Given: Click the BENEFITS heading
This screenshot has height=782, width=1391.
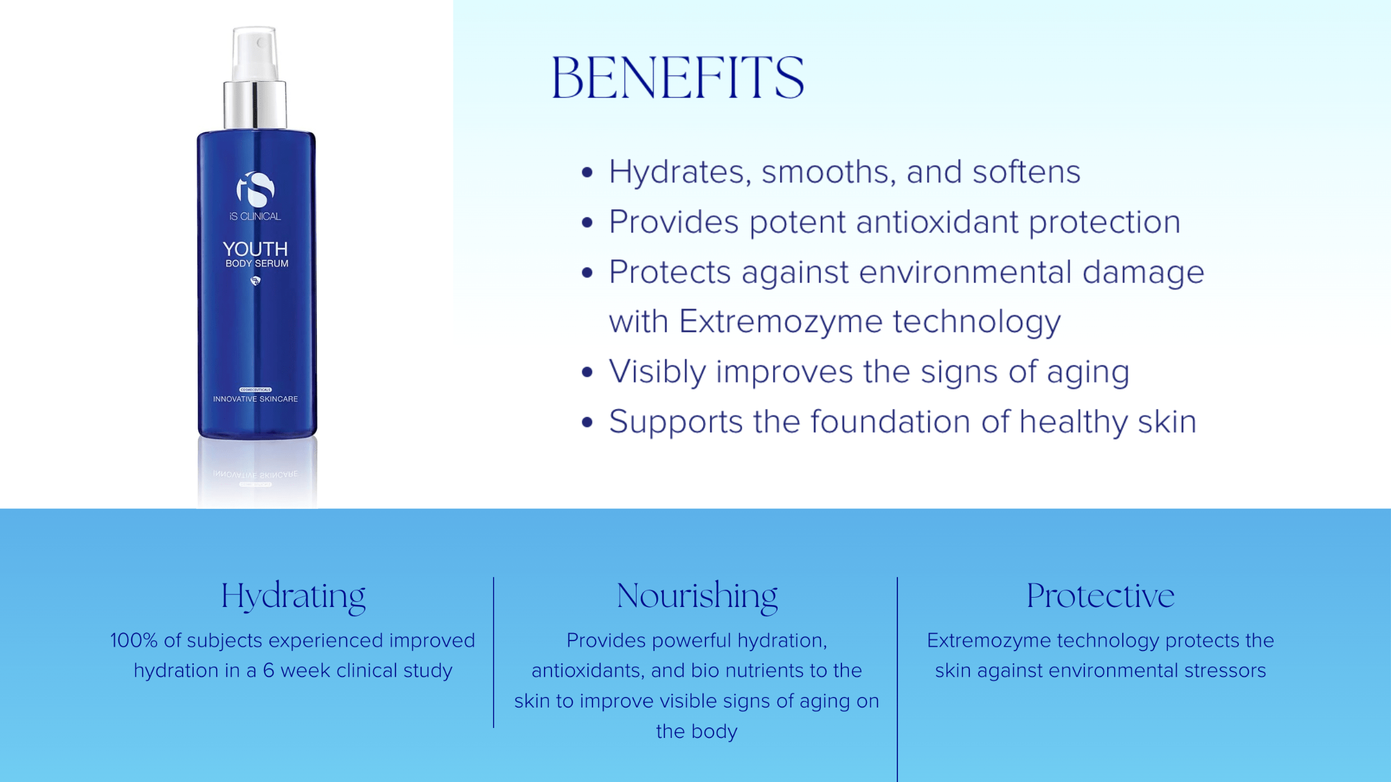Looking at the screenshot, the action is (x=677, y=77).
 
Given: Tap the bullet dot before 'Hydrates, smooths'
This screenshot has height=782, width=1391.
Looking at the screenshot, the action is (x=587, y=172).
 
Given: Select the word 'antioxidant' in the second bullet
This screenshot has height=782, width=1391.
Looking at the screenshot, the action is (x=937, y=222).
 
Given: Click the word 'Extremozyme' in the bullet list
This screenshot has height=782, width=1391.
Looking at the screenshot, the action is (x=781, y=321).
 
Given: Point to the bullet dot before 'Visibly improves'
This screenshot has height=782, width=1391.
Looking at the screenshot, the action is (x=587, y=372).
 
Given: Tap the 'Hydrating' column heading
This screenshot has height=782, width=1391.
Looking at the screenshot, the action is (x=293, y=596).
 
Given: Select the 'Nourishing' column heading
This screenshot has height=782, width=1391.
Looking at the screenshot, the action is (x=697, y=596).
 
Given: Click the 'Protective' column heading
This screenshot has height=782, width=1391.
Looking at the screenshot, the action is (x=1100, y=596).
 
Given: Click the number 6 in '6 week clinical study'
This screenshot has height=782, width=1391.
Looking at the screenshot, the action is (x=268, y=671).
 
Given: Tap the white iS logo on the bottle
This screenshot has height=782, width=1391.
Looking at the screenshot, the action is (x=255, y=189).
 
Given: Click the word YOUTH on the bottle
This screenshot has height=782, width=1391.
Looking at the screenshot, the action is (x=255, y=249).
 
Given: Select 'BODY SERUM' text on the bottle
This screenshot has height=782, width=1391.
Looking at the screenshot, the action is (x=256, y=264).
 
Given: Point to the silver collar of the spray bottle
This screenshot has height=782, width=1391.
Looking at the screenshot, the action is (x=255, y=104).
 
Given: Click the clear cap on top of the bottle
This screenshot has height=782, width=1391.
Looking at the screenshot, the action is (x=255, y=53).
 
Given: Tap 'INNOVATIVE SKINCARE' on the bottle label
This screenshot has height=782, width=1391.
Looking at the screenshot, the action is (x=255, y=399).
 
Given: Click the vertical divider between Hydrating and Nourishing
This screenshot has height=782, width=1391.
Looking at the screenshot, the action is (x=494, y=652).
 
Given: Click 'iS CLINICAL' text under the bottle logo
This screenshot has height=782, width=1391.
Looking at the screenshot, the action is (x=255, y=217).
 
